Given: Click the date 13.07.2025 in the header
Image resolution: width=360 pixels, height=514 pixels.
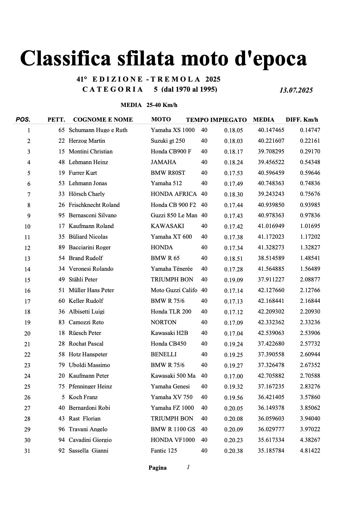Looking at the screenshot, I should [296, 90].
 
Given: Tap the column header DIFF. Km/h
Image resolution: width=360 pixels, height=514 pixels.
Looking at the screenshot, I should [302, 119].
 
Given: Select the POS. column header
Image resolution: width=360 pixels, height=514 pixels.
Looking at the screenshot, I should [23, 119].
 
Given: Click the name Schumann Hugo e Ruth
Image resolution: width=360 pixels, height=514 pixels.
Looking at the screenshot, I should [98, 130].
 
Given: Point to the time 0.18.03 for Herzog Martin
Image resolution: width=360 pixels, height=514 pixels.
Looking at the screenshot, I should [233, 141].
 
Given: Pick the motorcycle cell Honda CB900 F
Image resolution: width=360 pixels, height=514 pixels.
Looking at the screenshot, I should [171, 152].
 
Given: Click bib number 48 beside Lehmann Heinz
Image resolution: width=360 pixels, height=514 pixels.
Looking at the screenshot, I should [61, 162].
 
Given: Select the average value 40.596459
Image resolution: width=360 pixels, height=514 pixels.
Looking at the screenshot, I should [271, 173].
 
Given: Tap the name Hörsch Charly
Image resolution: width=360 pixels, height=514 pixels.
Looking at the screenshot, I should [86, 194].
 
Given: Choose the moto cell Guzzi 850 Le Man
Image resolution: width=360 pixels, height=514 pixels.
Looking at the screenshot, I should [174, 215].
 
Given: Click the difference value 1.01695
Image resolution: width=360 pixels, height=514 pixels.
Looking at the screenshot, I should [310, 226].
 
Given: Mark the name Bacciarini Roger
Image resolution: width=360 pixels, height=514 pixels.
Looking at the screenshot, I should [90, 248].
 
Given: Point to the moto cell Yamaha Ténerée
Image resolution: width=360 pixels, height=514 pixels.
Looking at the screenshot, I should [171, 269].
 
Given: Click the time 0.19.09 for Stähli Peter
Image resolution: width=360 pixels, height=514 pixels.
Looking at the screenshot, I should [233, 280].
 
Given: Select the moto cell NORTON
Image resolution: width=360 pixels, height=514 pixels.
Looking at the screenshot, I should [163, 322].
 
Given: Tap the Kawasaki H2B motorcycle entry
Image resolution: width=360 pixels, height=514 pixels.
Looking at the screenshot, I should [169, 333].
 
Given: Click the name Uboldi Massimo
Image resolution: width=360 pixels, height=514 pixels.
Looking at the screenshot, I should [89, 365].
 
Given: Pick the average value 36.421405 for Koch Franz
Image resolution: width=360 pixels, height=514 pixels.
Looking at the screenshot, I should [271, 397].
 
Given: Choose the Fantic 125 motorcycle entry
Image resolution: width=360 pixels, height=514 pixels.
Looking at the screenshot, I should [164, 451].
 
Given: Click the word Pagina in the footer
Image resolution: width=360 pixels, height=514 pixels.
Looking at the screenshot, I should [157, 468].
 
